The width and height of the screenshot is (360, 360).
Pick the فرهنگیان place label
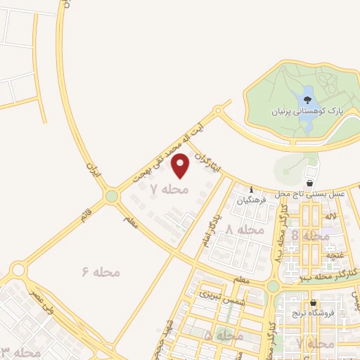251,200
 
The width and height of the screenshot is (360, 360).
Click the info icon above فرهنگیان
251,189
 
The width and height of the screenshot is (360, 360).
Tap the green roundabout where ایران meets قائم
111,196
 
